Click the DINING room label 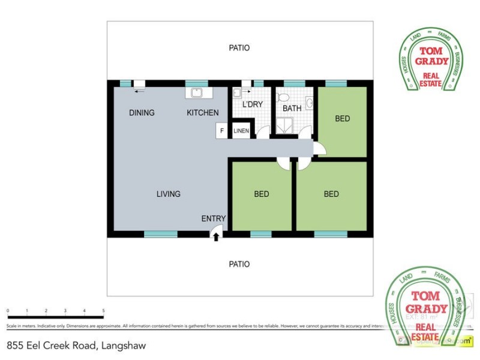click(x=142, y=113)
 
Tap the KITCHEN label click(x=203, y=113)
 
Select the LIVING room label click(x=169, y=194)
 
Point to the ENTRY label click(x=214, y=218)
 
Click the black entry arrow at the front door click(x=216, y=238)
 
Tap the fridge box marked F click(x=221, y=131)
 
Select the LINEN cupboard click(x=241, y=131)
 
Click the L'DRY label click(x=253, y=105)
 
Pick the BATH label click(x=292, y=109)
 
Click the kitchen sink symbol click(x=197, y=93)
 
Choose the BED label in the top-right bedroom click(x=342, y=119)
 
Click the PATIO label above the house click(x=239, y=47)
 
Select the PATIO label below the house click(x=239, y=264)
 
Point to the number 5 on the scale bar click(x=104, y=311)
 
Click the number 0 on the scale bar click(x=8, y=311)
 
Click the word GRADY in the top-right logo click(x=433, y=61)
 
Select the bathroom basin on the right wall click(x=309, y=103)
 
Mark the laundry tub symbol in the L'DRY click(x=237, y=92)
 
